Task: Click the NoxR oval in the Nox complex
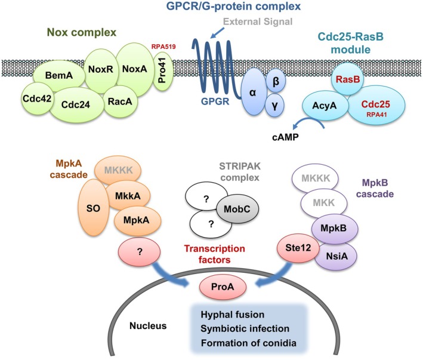pyautogui.click(x=101, y=69)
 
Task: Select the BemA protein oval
pyautogui.click(x=59, y=75)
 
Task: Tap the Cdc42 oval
pyautogui.click(x=37, y=99)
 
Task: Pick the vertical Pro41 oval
pyautogui.click(x=163, y=70)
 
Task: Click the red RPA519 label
pyautogui.click(x=163, y=47)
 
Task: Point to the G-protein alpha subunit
pyautogui.click(x=253, y=93)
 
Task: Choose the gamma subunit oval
pyautogui.click(x=275, y=106)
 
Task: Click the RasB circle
pyautogui.click(x=347, y=79)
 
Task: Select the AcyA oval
pyautogui.click(x=325, y=106)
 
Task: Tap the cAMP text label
pyautogui.click(x=285, y=137)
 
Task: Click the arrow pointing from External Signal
pyautogui.click(x=217, y=32)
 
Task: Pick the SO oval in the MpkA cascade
pyautogui.click(x=93, y=208)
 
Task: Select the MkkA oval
pyautogui.click(x=128, y=196)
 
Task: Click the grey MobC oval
pyautogui.click(x=237, y=209)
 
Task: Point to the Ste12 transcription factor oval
pyautogui.click(x=298, y=248)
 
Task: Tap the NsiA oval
pyautogui.click(x=336, y=256)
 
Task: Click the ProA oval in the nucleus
pyautogui.click(x=223, y=287)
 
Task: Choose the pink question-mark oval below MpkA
pyautogui.click(x=139, y=252)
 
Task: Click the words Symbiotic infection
pyautogui.click(x=245, y=329)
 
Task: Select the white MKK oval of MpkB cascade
pyautogui.click(x=324, y=203)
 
